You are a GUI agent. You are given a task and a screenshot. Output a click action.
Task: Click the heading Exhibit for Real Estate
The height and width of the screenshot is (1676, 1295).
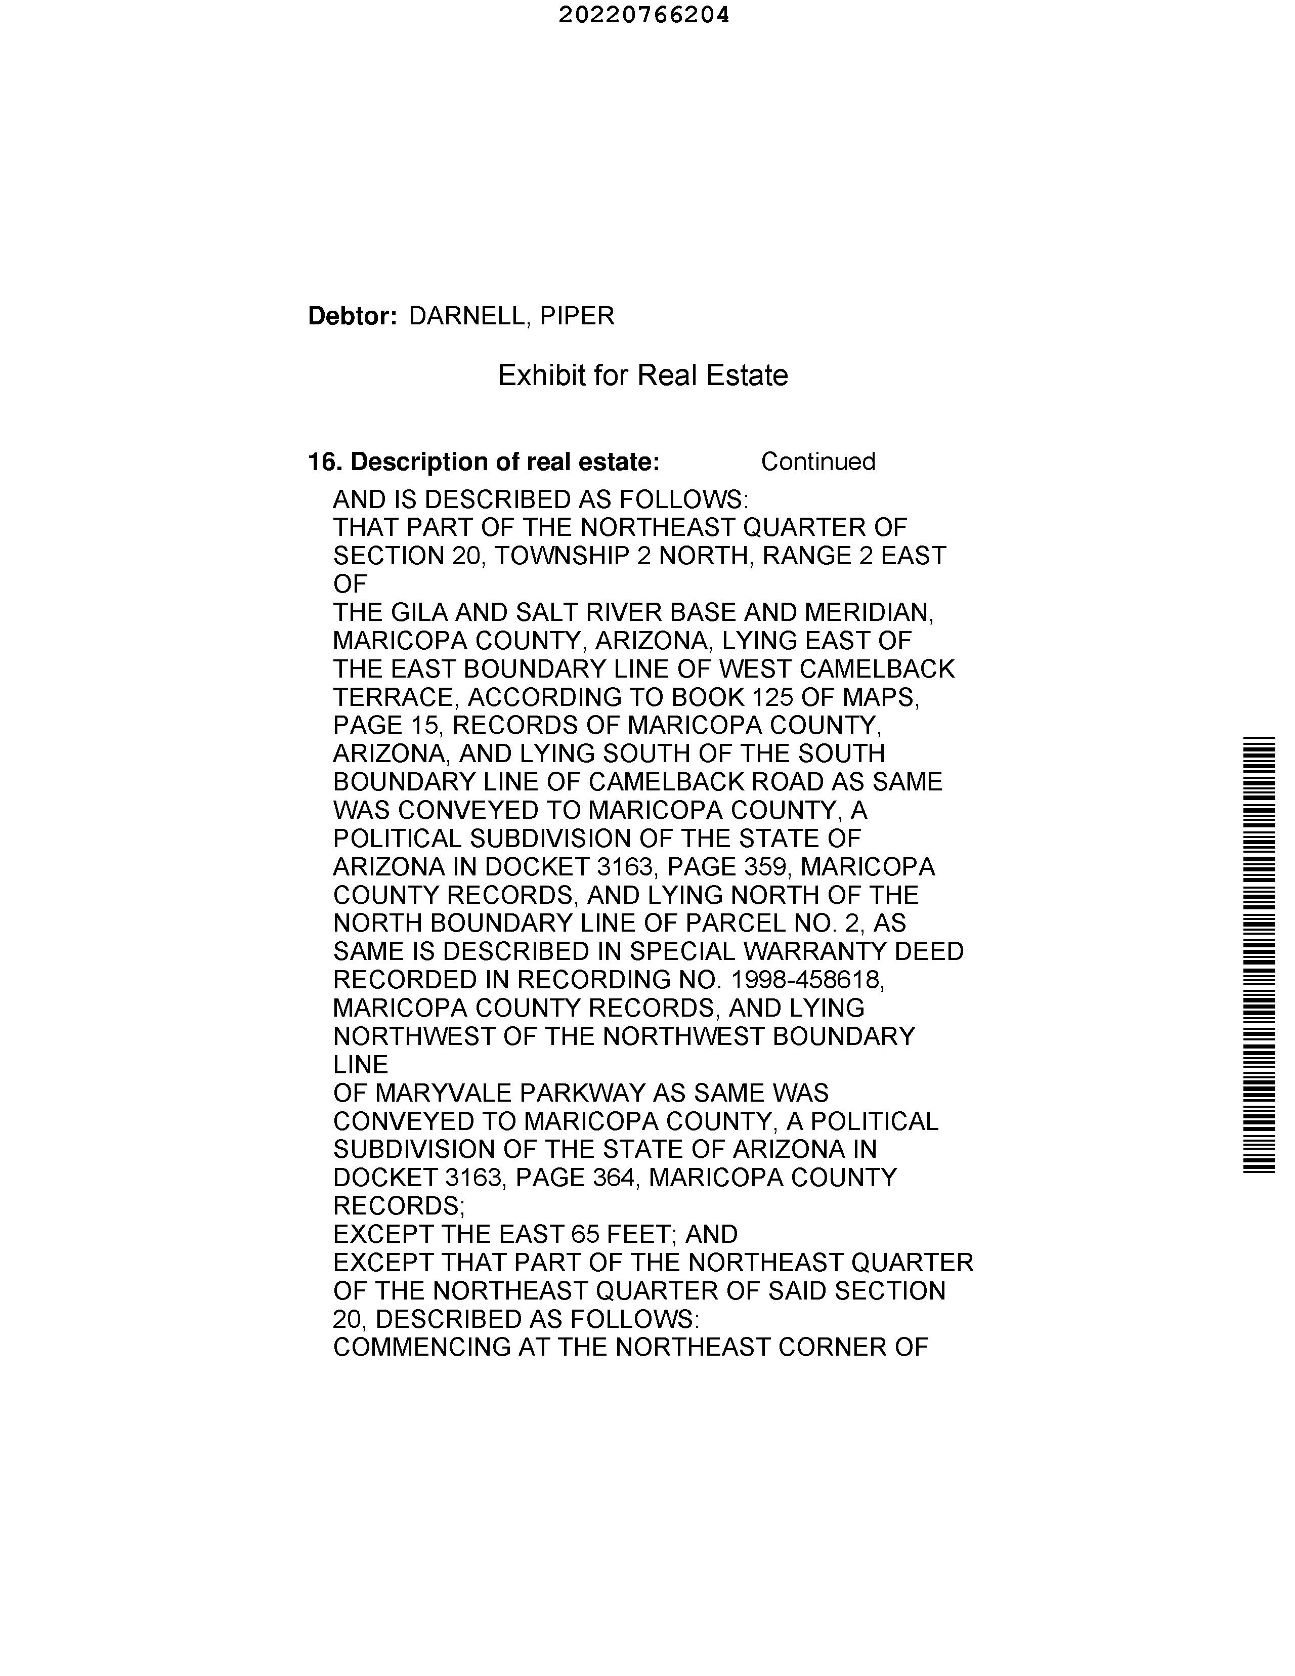click(643, 375)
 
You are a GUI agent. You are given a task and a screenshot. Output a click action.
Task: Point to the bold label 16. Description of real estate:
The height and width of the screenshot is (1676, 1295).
click(483, 462)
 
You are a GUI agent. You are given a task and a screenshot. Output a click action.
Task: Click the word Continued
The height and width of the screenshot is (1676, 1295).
click(818, 462)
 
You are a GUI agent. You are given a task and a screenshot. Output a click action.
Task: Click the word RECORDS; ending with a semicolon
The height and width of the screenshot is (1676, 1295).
click(399, 1205)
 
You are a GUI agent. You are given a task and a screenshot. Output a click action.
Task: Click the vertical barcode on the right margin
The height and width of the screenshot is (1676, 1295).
click(1259, 955)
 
